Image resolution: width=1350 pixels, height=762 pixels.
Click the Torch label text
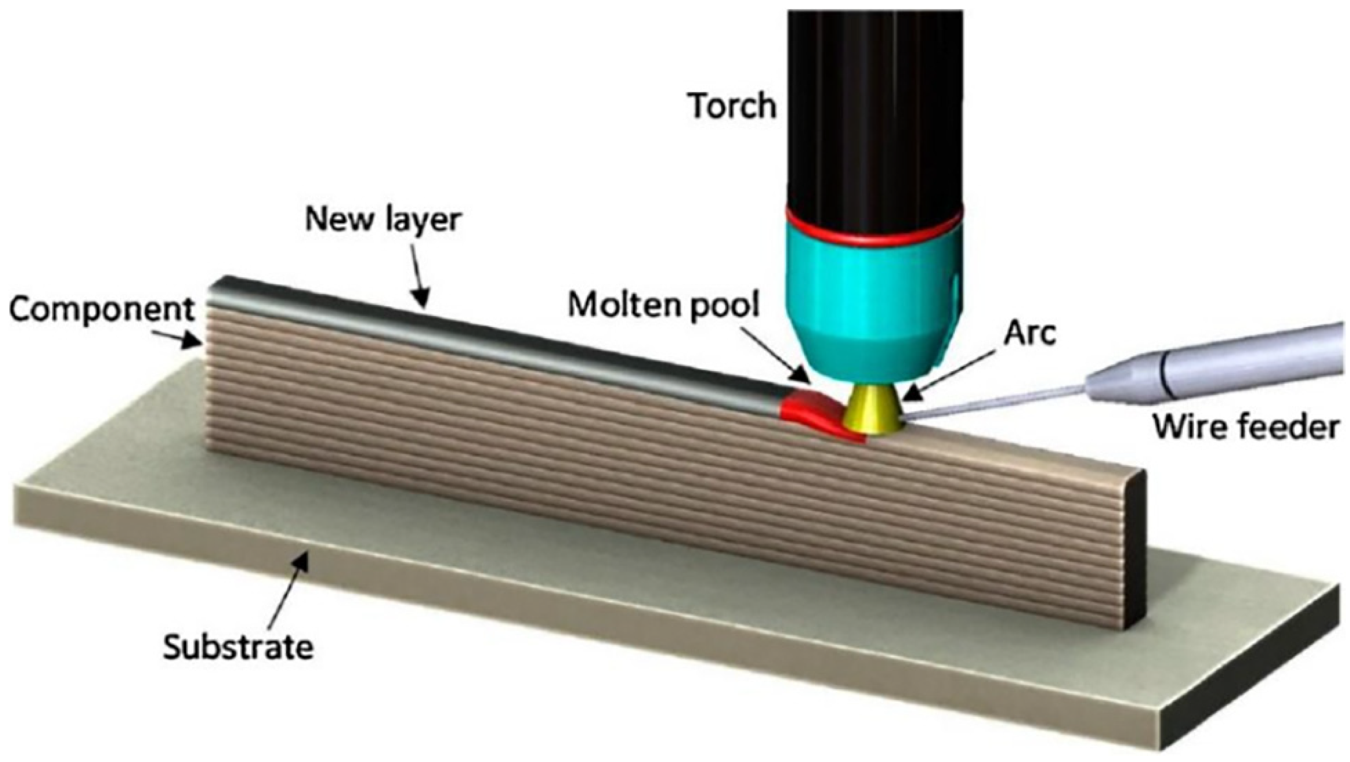point(733,106)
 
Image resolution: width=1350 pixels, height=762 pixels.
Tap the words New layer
point(383,220)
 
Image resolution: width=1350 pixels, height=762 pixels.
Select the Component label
point(101,311)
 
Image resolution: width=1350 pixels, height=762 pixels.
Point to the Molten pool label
point(664,305)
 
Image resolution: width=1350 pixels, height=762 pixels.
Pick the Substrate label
point(239,648)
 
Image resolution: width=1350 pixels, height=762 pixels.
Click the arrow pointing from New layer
point(420,278)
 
